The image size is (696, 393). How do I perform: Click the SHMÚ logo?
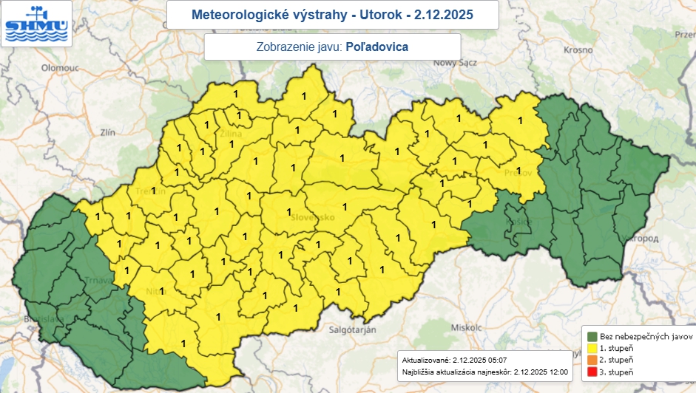click(x=36, y=23)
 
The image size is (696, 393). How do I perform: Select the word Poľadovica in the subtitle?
click(x=377, y=46)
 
